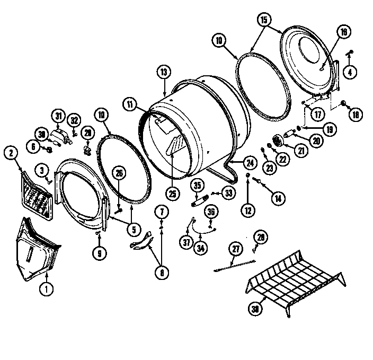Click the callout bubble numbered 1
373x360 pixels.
point(46,289)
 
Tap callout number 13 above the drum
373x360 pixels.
point(164,72)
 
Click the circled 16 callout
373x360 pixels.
point(343,32)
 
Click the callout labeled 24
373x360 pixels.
point(249,162)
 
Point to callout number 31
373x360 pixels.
point(58,115)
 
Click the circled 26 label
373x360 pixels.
point(120,173)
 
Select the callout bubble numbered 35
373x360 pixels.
point(198,186)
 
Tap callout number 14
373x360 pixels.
point(276,198)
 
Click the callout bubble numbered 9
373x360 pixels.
point(99,253)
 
